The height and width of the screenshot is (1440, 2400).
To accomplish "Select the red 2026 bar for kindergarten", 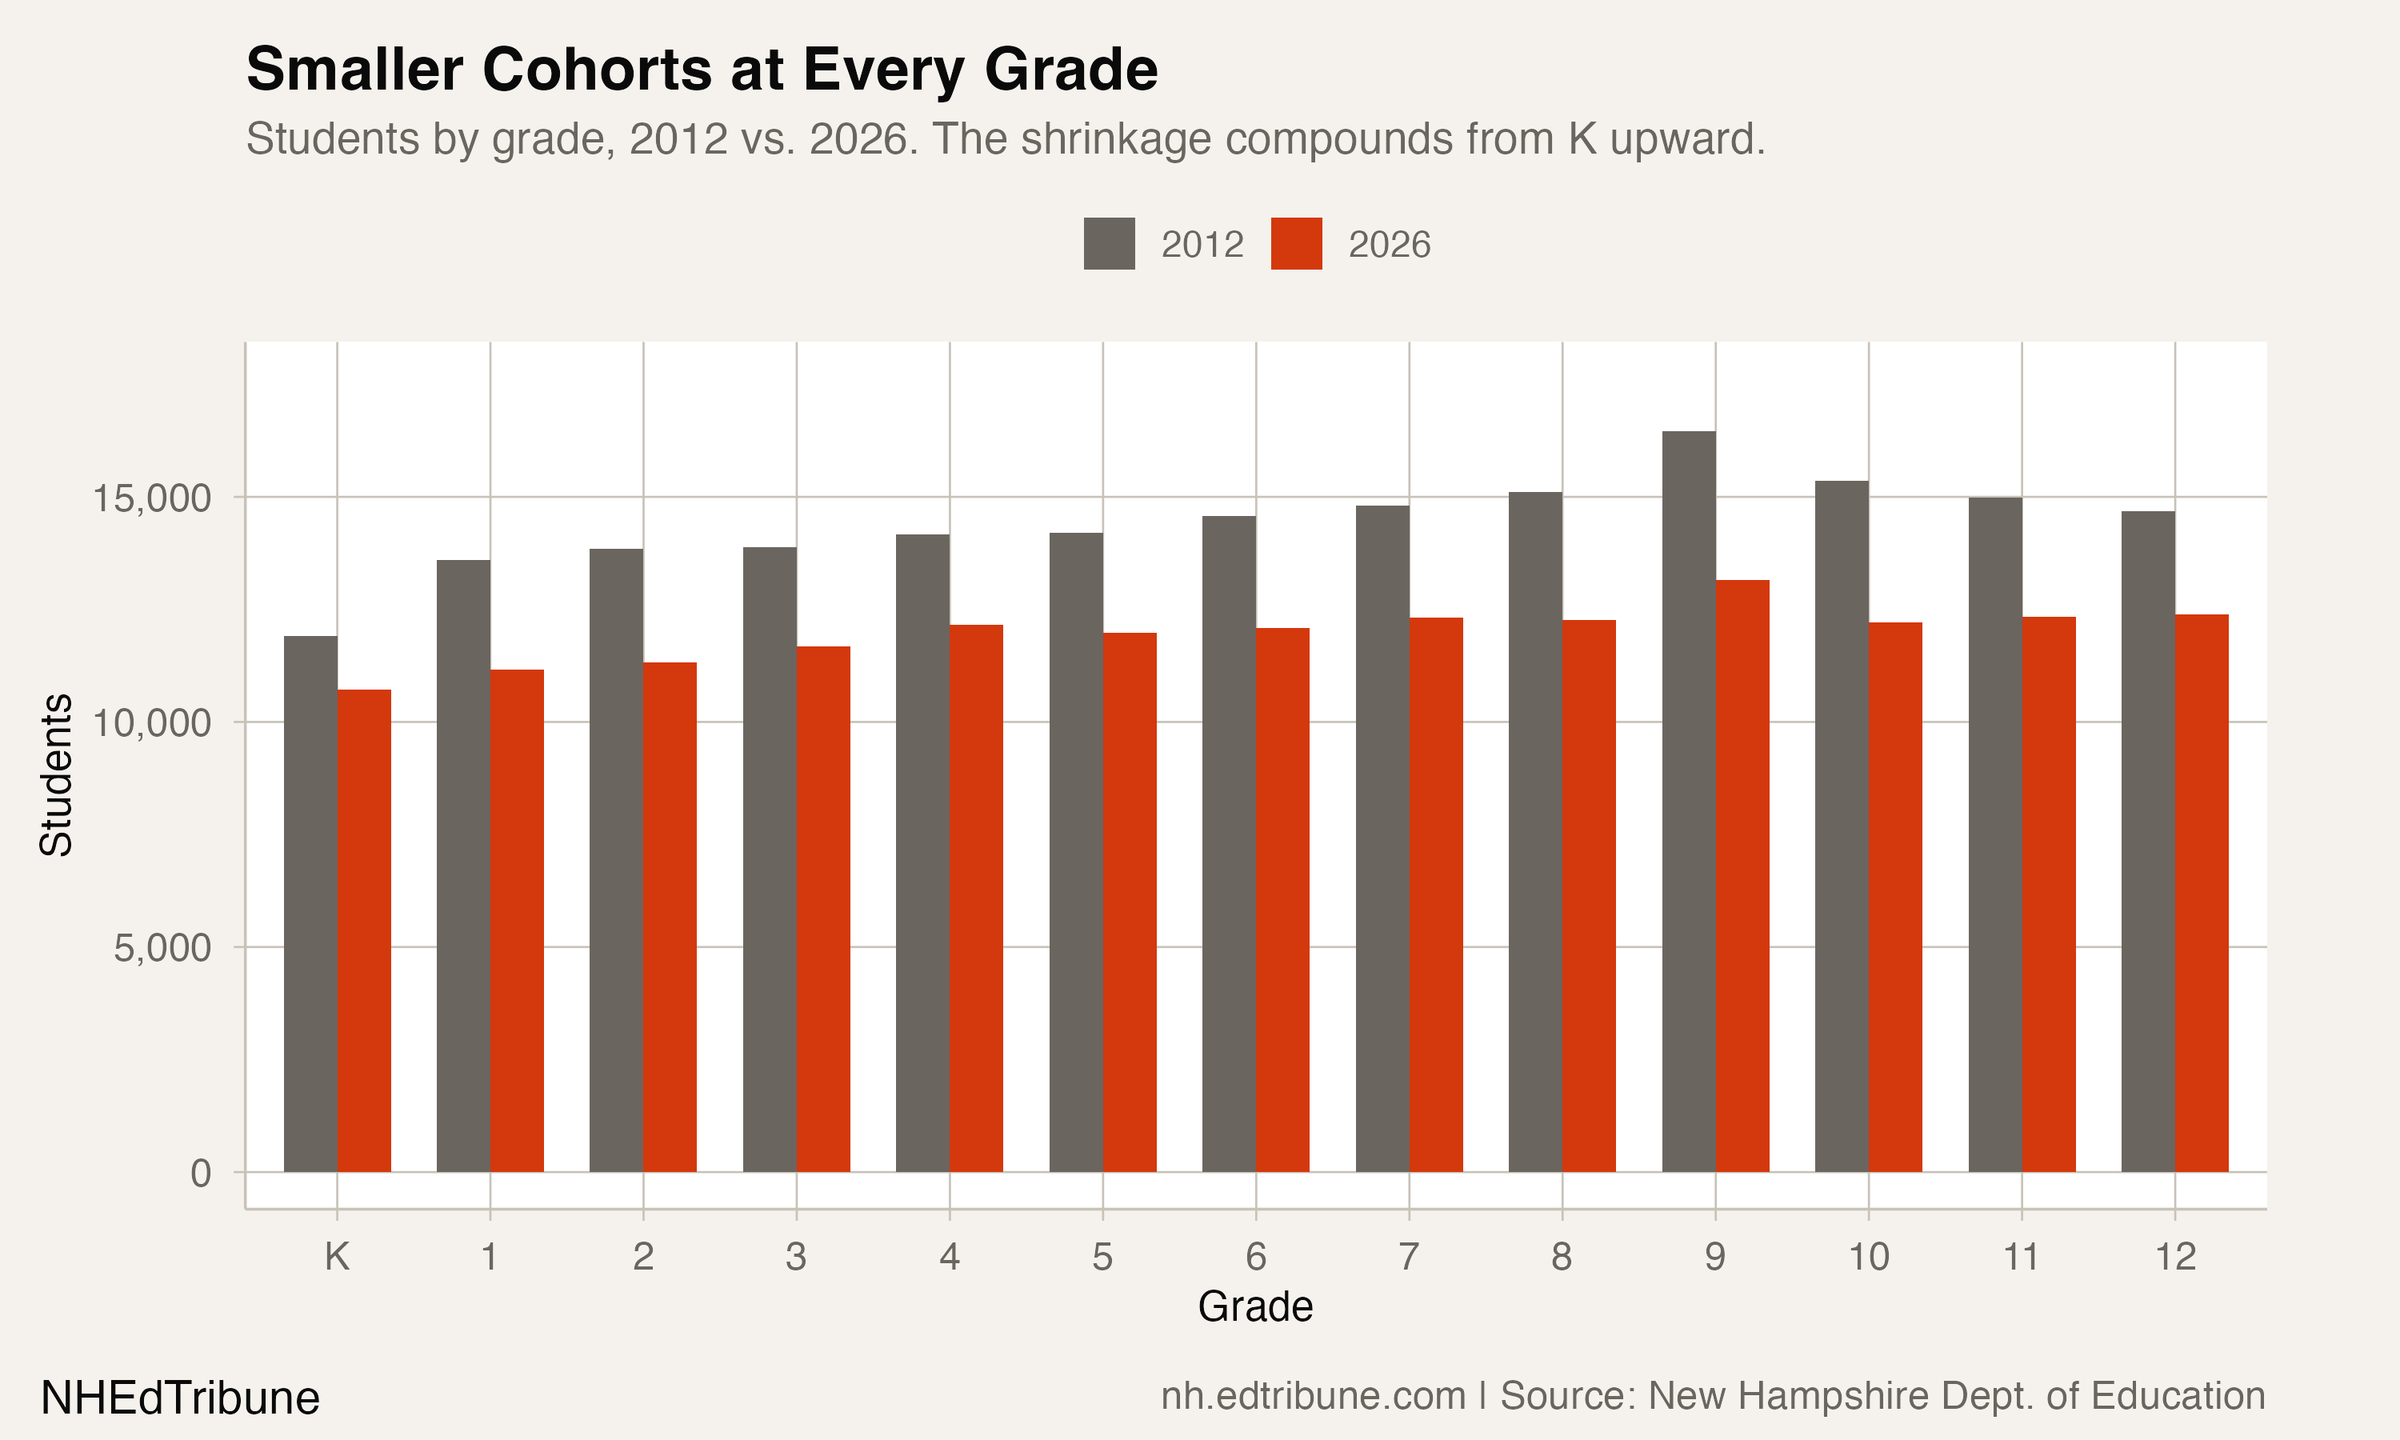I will tap(364, 930).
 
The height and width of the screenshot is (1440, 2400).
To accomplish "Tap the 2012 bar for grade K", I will tap(310, 903).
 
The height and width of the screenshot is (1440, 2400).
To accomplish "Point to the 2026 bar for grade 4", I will tap(976, 898).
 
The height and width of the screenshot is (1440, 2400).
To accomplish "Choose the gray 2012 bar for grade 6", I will tap(1228, 843).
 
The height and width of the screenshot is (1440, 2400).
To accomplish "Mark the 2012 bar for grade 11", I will tap(1994, 834).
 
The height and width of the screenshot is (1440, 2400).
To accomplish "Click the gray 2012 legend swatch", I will tap(1109, 243).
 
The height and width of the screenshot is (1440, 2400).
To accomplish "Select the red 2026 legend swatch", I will tap(1296, 243).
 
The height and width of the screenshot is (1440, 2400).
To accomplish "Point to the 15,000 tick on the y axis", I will tap(151, 498).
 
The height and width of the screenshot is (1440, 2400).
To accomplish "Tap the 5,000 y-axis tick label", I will tap(162, 948).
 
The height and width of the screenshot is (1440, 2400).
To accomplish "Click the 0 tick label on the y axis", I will tap(200, 1173).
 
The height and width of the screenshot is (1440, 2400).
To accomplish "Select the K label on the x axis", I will tap(337, 1257).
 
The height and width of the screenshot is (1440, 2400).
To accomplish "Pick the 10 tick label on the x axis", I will tap(1867, 1257).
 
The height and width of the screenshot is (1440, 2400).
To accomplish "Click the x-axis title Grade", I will tap(1254, 1307).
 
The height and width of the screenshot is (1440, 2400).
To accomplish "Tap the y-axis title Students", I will tap(56, 774).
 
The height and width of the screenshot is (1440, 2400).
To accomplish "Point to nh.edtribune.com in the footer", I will tap(1313, 1396).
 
